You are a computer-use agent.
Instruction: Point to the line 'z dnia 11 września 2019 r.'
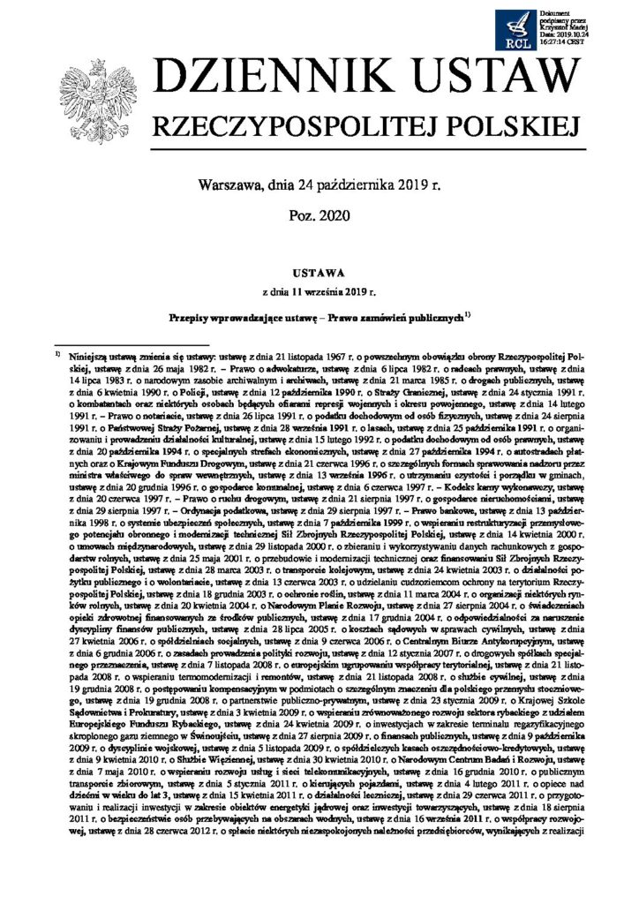(x=319, y=289)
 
